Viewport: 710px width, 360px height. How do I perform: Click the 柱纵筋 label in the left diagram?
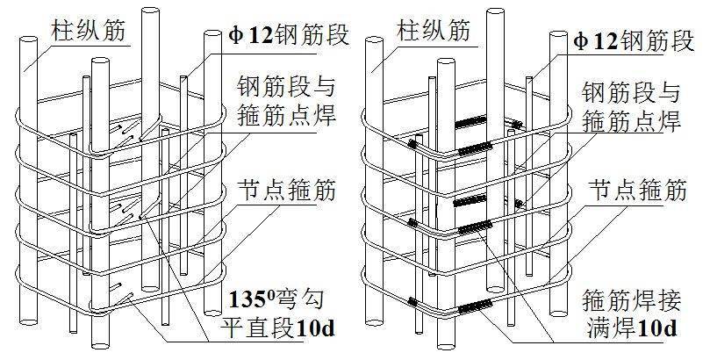pos(86,32)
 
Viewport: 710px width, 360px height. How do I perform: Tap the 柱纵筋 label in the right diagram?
pos(434,32)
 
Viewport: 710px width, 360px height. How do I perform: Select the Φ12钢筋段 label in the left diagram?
pos(286,37)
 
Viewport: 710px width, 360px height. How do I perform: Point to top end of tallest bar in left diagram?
pos(144,11)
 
